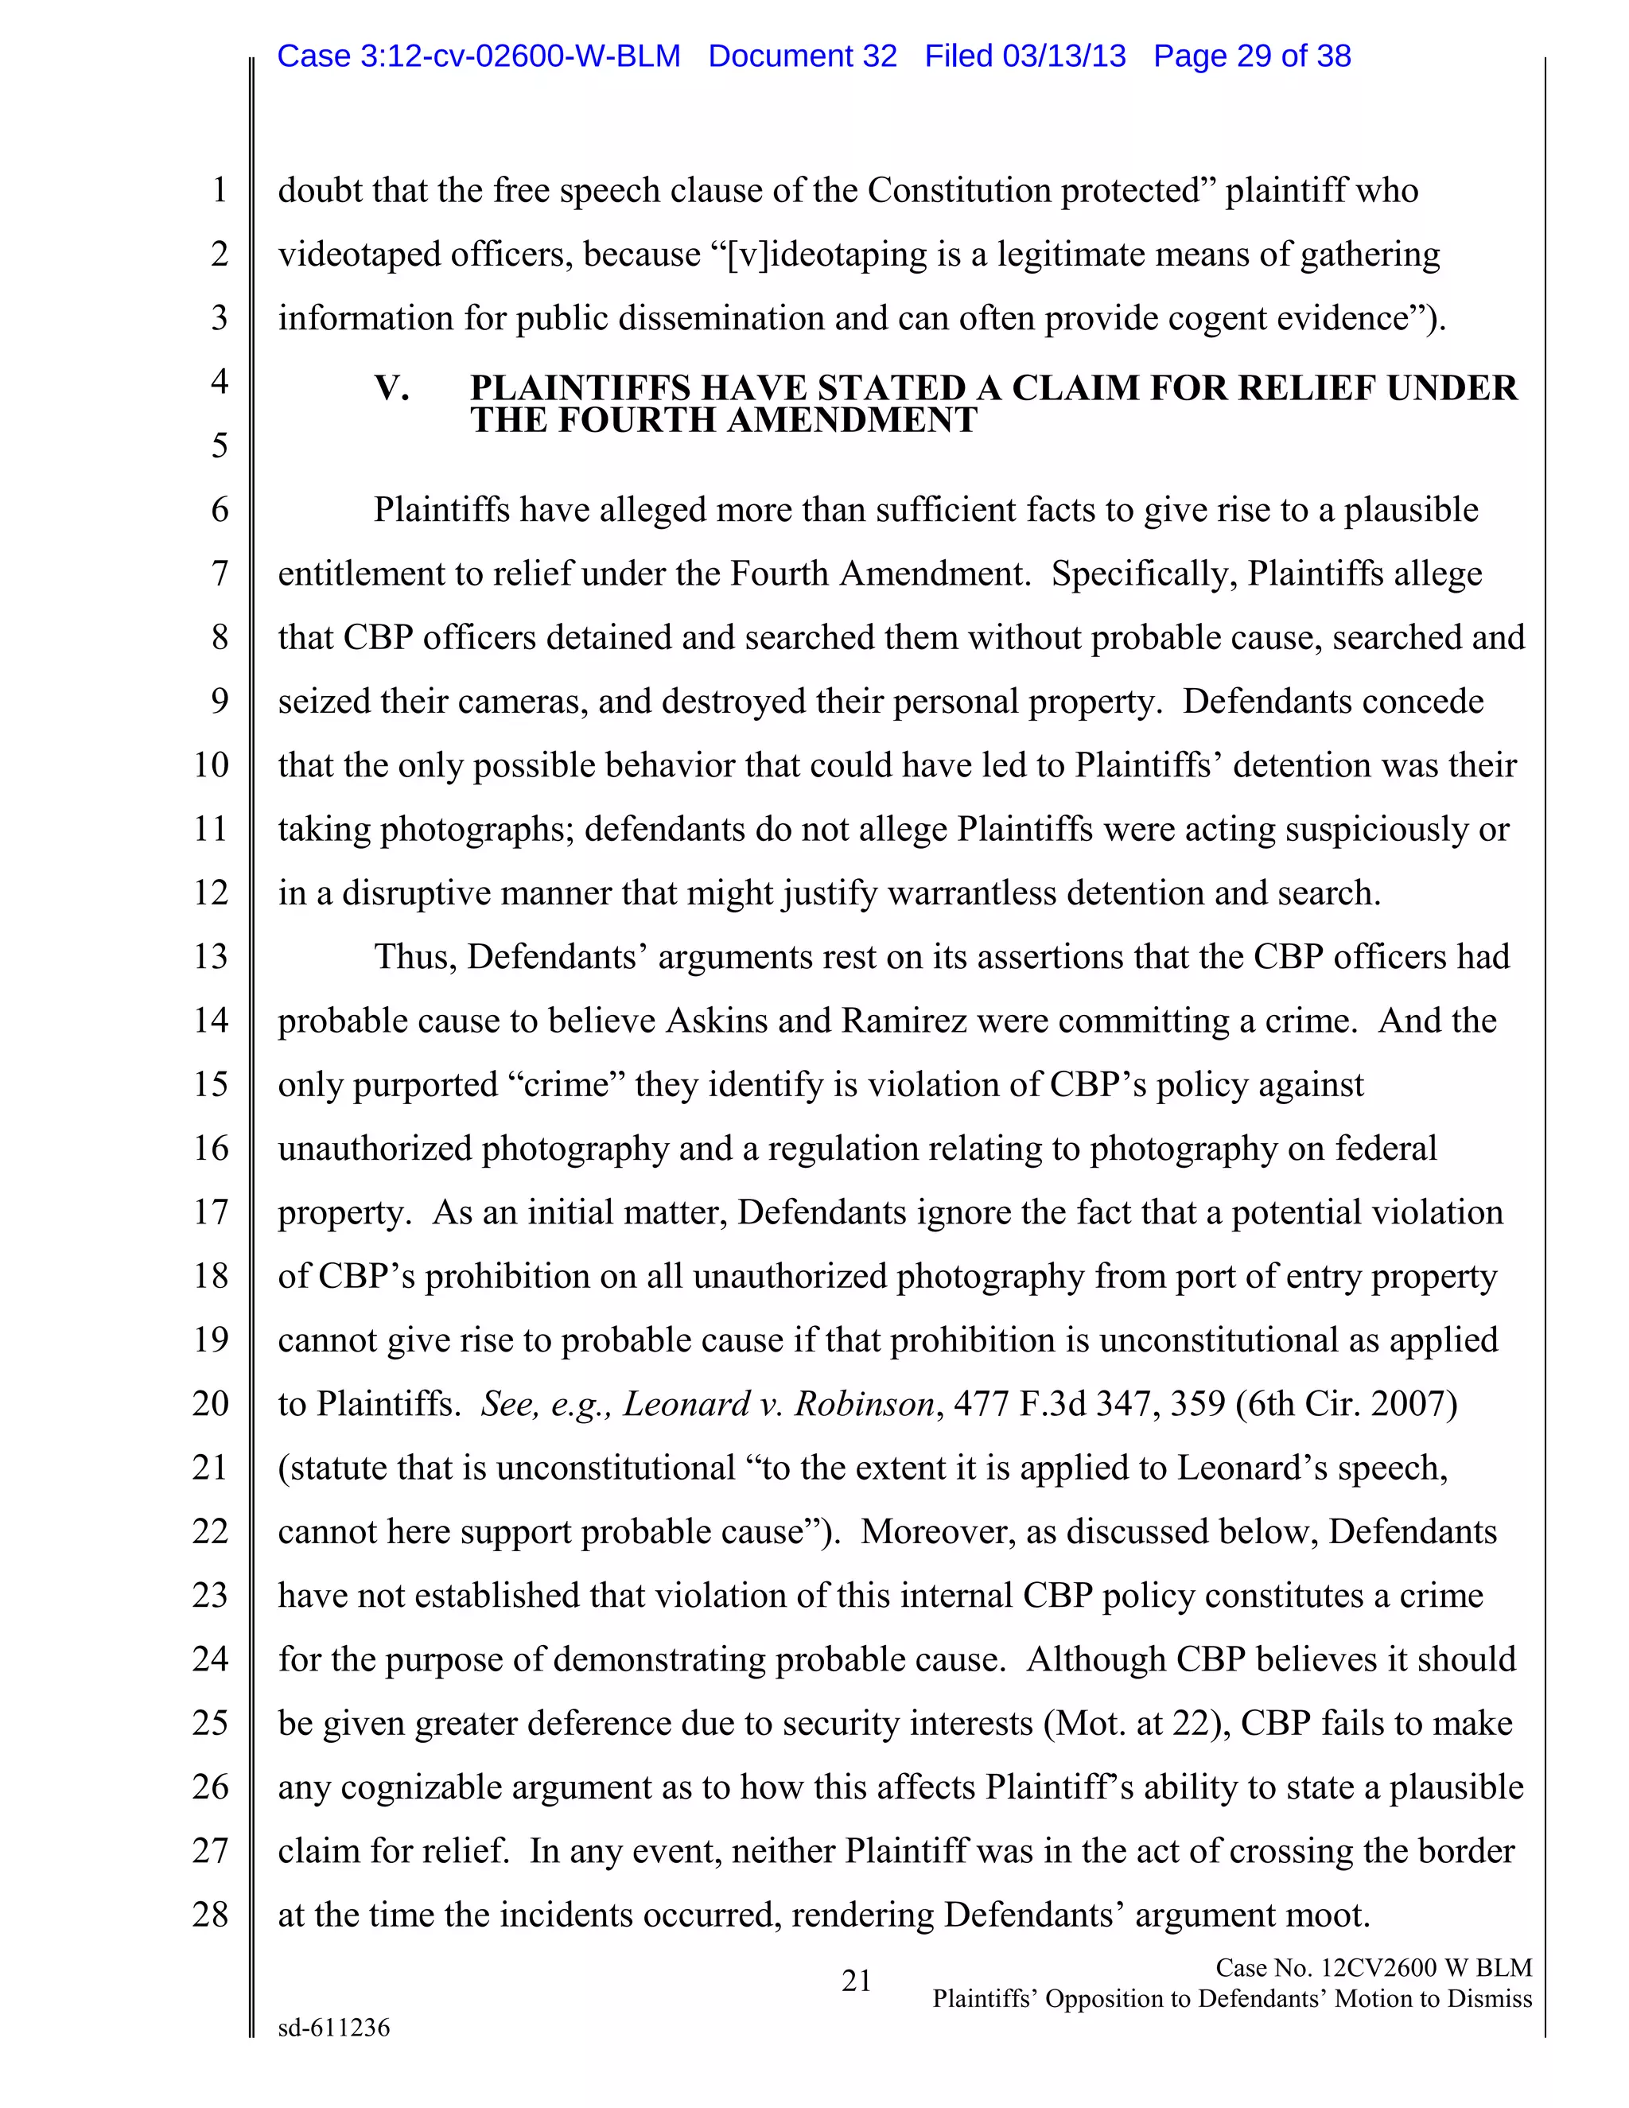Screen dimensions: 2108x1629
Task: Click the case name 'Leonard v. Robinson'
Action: [x=779, y=1403]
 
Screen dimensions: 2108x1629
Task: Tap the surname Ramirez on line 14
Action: [x=904, y=1021]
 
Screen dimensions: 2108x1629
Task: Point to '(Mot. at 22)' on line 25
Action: [x=1136, y=1723]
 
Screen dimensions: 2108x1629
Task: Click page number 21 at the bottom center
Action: [x=856, y=1981]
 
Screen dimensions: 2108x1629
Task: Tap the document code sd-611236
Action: [x=334, y=2028]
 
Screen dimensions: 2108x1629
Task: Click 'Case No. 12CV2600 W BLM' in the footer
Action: [x=1373, y=1968]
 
